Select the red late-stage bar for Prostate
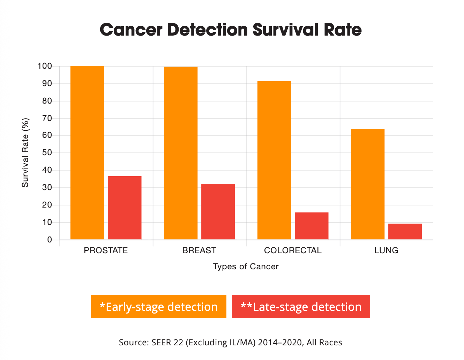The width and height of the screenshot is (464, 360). pos(125,208)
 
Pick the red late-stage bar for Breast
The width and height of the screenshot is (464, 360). pos(218,211)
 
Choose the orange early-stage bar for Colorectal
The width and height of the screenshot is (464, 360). pos(274,160)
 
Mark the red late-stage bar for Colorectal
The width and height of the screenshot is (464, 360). pos(312,226)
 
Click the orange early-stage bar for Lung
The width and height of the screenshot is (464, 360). pos(368,184)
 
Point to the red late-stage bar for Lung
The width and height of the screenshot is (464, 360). pos(405,231)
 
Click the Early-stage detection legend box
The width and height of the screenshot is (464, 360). pos(159,307)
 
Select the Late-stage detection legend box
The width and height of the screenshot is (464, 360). pos(301,307)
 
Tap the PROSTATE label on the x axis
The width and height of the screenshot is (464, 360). pos(106,250)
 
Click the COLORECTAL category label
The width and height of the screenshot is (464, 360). pos(293,250)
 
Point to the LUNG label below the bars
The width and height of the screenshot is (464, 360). pos(386,250)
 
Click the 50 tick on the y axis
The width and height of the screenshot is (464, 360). pos(47,153)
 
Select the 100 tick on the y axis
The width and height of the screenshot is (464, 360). pos(45,66)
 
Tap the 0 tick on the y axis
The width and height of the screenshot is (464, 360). pos(50,240)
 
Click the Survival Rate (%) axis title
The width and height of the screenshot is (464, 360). pos(25,152)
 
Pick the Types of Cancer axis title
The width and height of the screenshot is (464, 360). pos(246,267)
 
